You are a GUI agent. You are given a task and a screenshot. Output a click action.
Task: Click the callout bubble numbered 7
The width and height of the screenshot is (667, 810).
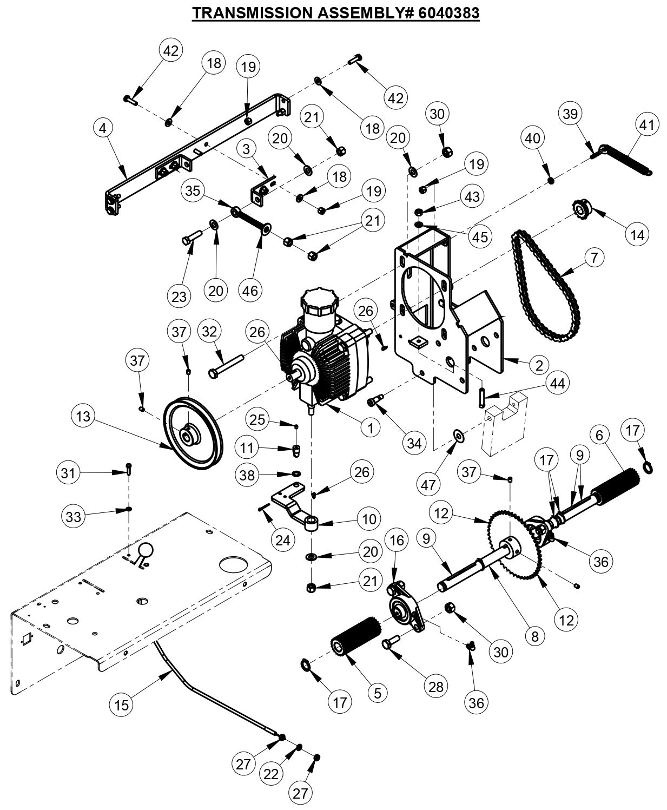click(594, 258)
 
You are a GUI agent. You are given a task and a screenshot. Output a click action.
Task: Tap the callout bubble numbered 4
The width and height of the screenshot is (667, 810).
click(103, 128)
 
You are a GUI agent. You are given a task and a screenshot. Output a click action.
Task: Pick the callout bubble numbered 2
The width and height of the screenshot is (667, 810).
click(538, 366)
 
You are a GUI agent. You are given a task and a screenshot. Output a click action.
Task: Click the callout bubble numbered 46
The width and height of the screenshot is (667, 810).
click(250, 291)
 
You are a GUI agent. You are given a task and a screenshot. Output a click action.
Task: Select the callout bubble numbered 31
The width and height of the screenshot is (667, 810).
click(68, 473)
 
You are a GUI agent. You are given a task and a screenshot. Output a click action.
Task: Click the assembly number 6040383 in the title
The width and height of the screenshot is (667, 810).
click(448, 12)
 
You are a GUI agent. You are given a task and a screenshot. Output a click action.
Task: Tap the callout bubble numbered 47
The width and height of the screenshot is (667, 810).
click(428, 484)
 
